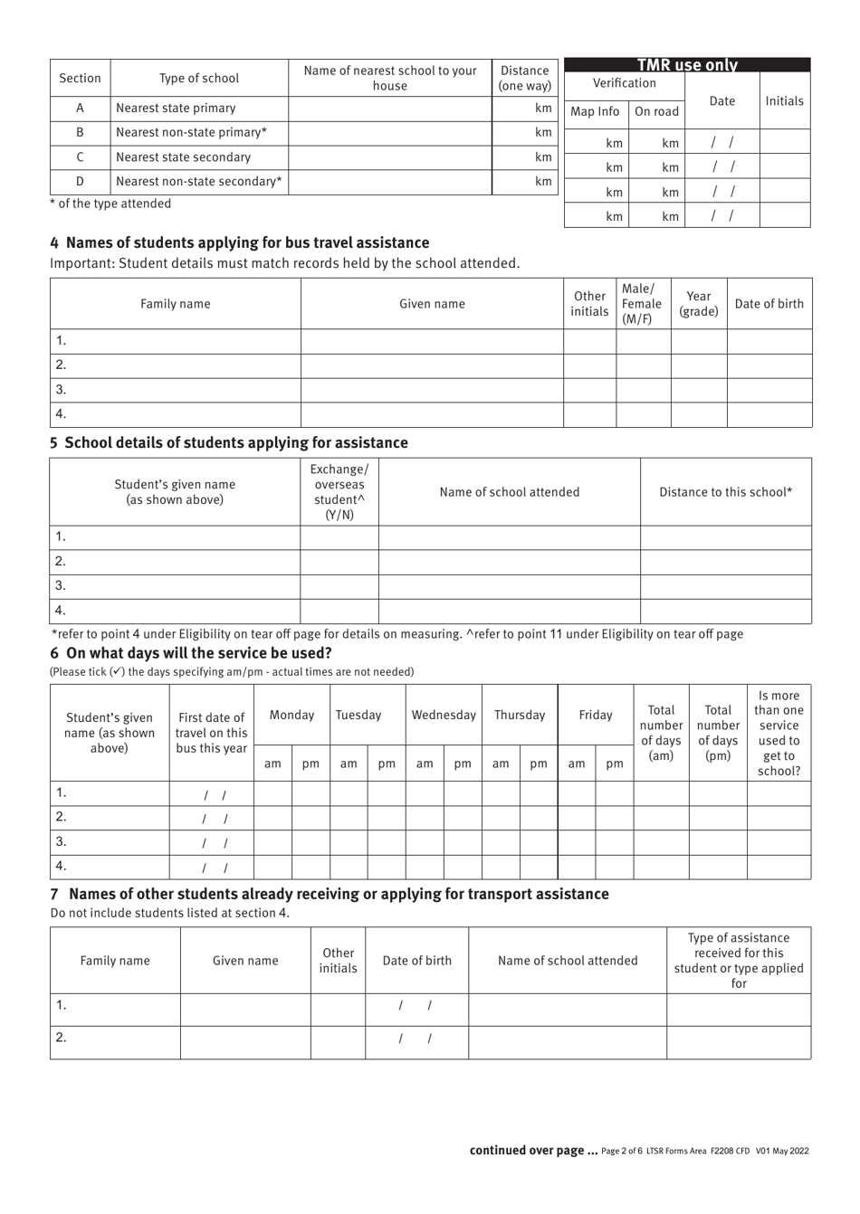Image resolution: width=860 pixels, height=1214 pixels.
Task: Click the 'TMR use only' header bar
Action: [687, 65]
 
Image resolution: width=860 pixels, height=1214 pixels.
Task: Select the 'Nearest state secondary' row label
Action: [183, 157]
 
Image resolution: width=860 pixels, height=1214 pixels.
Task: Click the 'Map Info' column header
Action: [595, 111]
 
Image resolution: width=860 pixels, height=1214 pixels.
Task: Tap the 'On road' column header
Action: [656, 111]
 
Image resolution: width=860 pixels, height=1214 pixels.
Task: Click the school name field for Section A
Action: [390, 109]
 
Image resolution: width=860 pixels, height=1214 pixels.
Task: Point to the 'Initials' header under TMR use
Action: [784, 100]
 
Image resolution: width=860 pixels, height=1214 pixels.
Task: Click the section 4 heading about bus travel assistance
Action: [240, 242]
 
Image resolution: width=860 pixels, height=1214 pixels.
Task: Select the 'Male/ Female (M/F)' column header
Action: [642, 304]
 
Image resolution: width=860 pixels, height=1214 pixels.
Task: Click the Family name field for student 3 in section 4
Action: [176, 390]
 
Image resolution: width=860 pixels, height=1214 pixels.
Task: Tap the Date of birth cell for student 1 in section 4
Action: [769, 341]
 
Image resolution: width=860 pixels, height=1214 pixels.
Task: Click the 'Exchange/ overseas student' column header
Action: [339, 492]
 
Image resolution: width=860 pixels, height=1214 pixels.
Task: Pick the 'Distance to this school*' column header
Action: [725, 492]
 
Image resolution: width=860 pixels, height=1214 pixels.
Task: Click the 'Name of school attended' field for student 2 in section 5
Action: [509, 562]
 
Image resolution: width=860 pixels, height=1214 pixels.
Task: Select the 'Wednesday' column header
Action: [444, 715]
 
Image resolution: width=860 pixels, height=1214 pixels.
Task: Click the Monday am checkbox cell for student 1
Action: [272, 793]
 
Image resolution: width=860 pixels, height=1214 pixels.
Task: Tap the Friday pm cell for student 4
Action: [615, 867]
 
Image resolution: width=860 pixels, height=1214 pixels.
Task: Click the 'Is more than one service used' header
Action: [779, 733]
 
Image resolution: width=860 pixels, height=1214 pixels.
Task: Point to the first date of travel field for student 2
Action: [212, 818]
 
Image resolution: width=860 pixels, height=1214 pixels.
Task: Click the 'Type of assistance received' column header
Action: [739, 960]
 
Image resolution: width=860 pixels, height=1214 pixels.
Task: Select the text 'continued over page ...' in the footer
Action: [533, 1151]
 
